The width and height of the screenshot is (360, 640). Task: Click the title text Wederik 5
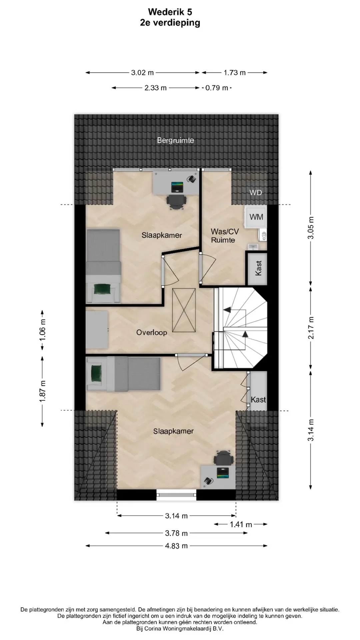point(170,12)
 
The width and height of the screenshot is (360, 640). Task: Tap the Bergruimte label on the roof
point(176,140)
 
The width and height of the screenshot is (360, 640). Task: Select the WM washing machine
point(256,217)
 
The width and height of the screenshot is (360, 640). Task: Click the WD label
point(256,192)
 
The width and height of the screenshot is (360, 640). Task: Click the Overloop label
point(152,332)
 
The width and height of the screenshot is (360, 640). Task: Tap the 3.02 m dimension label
point(142,72)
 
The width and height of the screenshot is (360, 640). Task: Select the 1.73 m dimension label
point(235,72)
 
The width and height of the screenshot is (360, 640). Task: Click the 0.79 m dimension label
point(217,88)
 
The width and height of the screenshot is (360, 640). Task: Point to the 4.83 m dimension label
point(176,546)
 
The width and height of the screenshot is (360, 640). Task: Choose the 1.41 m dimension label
point(241,524)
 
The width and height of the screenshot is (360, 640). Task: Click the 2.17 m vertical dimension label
point(311,328)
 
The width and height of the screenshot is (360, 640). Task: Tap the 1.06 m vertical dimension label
point(42,330)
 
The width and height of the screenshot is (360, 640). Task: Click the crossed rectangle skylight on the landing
point(184,310)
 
